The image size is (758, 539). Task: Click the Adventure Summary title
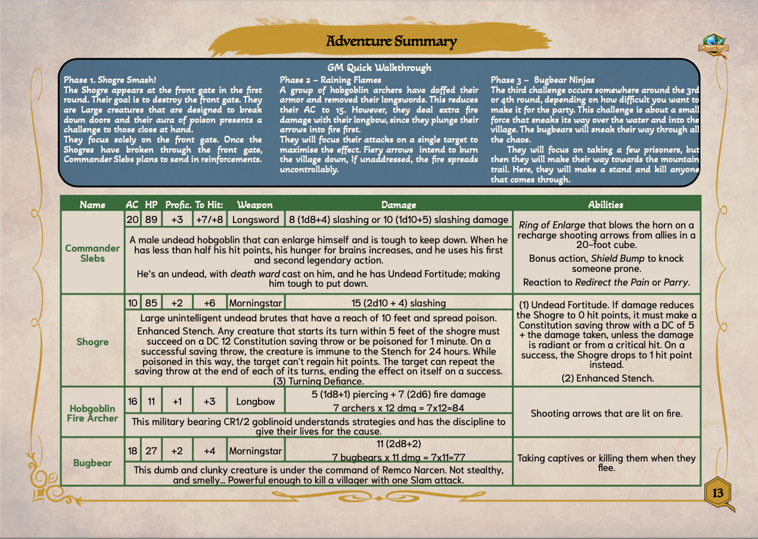point(391,41)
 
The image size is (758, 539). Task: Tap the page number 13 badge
point(717,492)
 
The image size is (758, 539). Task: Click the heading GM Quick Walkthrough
point(379,68)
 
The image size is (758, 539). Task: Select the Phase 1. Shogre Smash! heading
point(110,79)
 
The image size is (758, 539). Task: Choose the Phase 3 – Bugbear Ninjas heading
point(542,79)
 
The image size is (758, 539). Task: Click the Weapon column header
point(254,205)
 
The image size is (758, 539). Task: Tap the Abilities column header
point(605,205)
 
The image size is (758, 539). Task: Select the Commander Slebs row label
point(92,253)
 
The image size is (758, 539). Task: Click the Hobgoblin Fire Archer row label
point(92,413)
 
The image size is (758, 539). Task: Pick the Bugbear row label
point(92,463)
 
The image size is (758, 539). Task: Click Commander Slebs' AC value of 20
point(132,219)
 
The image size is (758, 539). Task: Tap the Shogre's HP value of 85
point(151,303)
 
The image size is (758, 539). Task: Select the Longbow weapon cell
point(255,401)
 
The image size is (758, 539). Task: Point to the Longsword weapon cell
point(256,219)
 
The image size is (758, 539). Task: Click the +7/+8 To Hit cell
point(209,219)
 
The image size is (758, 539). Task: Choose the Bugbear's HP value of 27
point(151,451)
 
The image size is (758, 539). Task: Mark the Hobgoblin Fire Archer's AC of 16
point(132,401)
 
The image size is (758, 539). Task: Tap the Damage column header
point(399,205)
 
